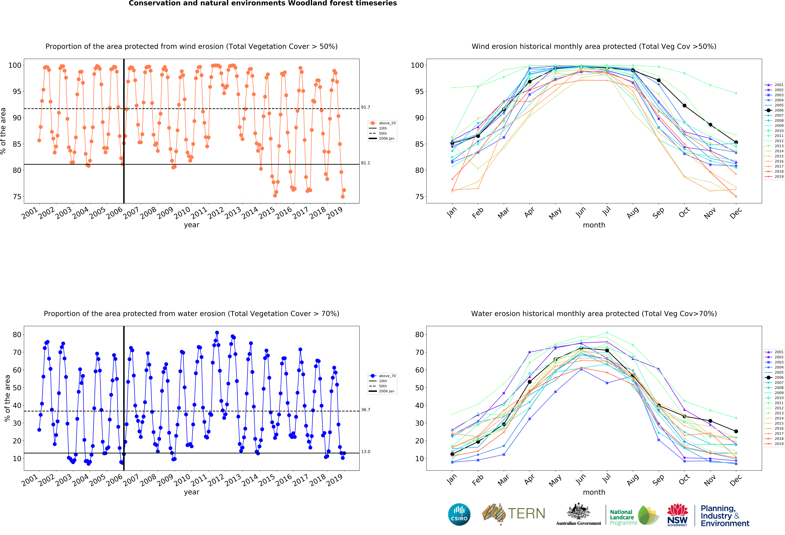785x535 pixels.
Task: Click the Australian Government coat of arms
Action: click(579, 511)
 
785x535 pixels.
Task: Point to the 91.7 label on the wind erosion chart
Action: click(365, 107)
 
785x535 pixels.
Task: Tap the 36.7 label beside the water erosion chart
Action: click(365, 410)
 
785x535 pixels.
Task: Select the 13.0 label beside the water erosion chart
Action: click(365, 452)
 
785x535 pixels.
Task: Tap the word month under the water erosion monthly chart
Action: click(594, 492)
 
